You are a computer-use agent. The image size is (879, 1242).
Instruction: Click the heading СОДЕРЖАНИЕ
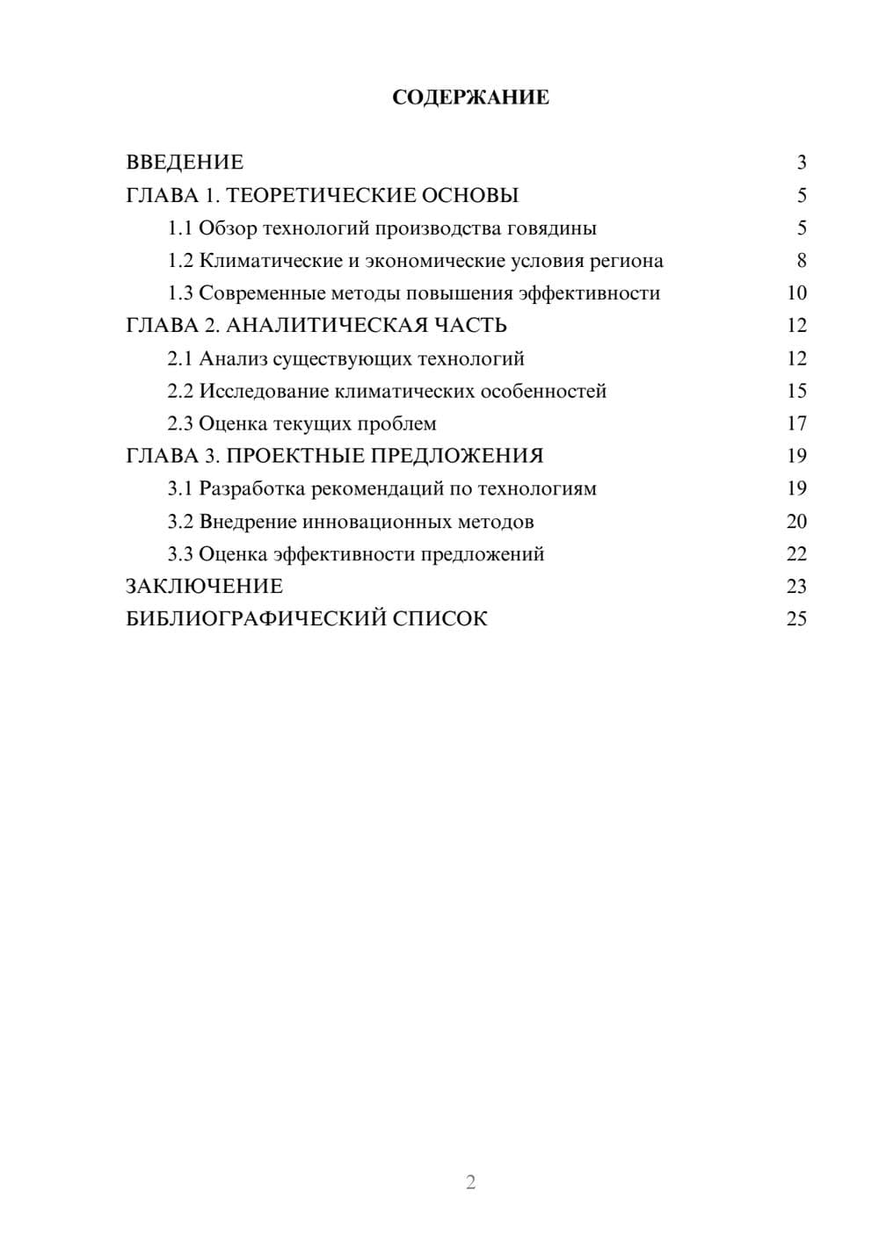(x=470, y=97)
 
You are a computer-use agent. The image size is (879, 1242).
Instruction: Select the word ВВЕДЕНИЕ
(x=185, y=162)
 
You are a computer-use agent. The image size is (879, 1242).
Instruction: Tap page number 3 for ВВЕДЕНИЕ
(x=801, y=162)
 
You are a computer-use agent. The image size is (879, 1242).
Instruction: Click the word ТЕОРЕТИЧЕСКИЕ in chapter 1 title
(x=314, y=195)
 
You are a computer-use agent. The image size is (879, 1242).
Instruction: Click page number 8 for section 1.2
(x=801, y=261)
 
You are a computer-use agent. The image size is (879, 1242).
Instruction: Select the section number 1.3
(x=180, y=293)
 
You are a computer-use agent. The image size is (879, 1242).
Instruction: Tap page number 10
(x=796, y=293)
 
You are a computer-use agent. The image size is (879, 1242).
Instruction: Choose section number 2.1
(x=180, y=358)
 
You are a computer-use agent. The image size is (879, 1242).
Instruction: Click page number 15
(x=796, y=391)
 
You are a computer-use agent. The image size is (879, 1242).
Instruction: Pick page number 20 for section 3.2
(x=796, y=522)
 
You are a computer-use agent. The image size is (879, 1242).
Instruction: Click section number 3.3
(x=180, y=554)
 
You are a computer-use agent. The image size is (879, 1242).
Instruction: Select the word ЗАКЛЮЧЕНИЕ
(x=205, y=587)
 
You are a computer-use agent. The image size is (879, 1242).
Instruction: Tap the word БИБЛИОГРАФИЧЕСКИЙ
(x=256, y=619)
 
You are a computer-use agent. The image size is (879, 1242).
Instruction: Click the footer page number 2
(x=470, y=1182)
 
